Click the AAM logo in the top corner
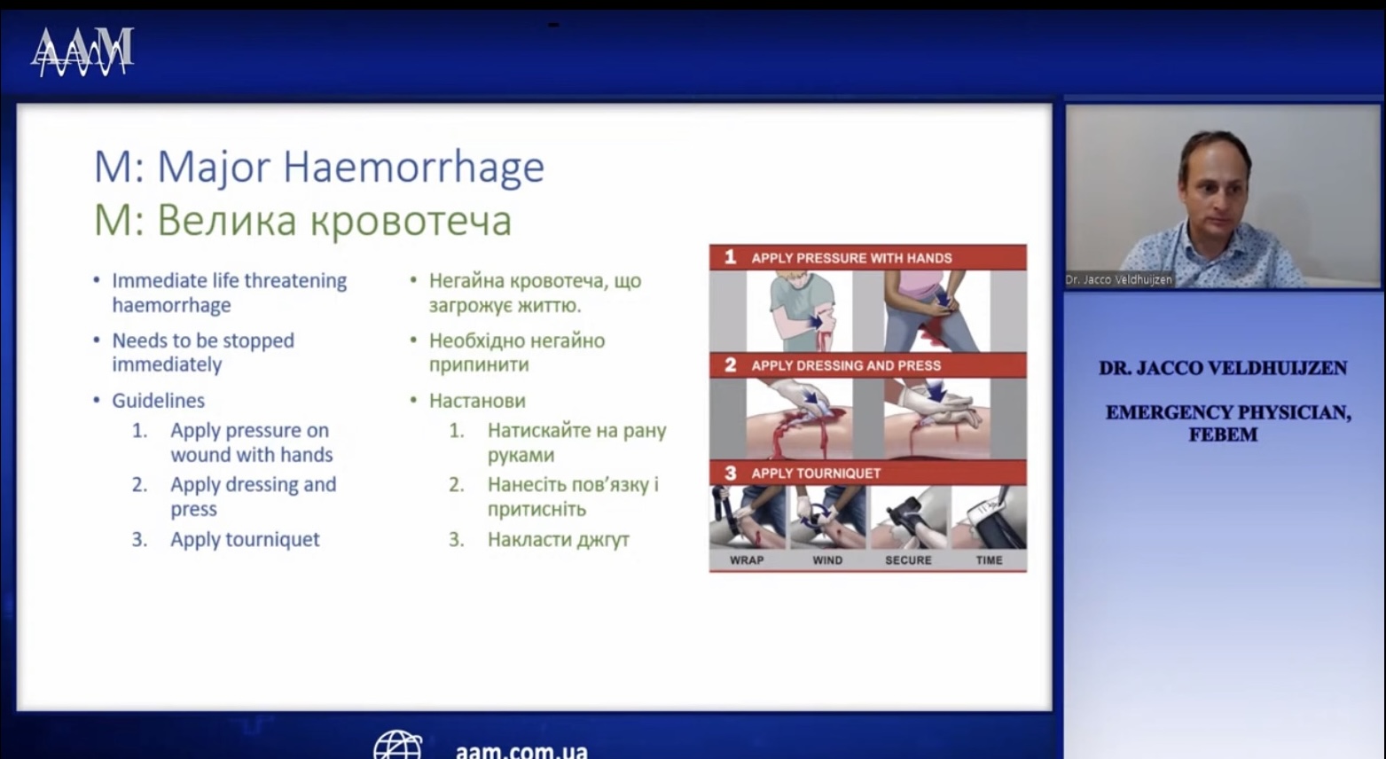pos(82,52)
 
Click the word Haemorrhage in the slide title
pos(413,167)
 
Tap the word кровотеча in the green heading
pos(411,220)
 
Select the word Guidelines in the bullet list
pos(159,401)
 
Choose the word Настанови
pos(477,401)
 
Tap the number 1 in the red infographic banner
pos(730,257)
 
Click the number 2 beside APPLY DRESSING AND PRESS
pos(730,365)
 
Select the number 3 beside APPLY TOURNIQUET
pos(730,473)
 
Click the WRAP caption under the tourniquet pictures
pos(747,560)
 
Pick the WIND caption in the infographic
pos(827,560)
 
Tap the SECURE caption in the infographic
pos(908,560)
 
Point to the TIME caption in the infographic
pos(990,560)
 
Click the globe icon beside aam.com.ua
pos(398,745)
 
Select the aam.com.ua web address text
pos(521,751)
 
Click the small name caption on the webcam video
pos(1119,279)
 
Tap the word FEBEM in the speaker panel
pos(1223,434)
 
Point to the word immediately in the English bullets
pos(167,365)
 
